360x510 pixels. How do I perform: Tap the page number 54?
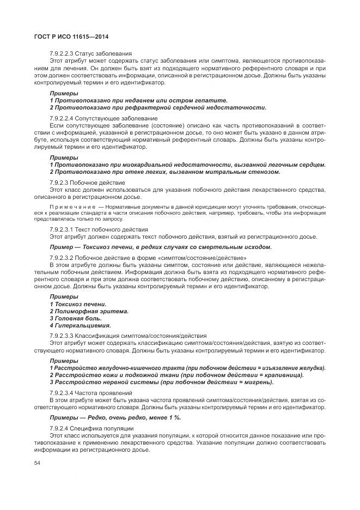tap(37, 463)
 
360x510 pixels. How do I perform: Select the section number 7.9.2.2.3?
tap(63, 53)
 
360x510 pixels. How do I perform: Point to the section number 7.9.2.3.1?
tap(63, 230)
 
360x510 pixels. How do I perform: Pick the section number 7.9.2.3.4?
tap(63, 392)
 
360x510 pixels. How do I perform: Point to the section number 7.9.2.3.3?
tap(63, 335)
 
